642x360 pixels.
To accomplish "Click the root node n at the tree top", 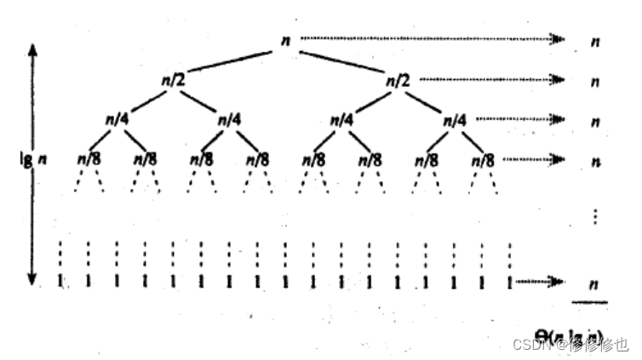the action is coord(287,39).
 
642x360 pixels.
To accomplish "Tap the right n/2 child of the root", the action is coord(398,80).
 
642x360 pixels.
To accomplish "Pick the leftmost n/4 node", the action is coord(117,120).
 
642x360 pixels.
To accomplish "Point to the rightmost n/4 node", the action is coord(455,120).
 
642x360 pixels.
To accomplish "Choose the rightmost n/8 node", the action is coord(483,159).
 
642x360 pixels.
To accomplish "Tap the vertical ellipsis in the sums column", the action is coord(595,215).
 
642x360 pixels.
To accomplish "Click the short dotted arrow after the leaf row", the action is coord(542,282).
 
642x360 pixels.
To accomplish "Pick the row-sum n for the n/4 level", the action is coord(595,121).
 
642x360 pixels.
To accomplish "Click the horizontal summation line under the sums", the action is coord(589,301).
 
